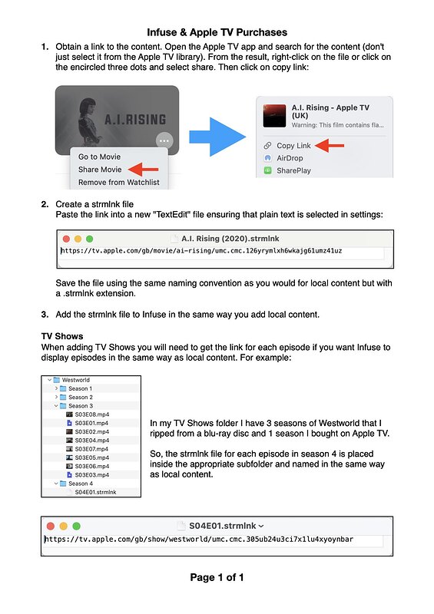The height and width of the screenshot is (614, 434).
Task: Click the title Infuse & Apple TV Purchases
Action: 217,32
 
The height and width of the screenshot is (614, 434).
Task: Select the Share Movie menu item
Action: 100,170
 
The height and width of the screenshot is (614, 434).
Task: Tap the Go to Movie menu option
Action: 99,157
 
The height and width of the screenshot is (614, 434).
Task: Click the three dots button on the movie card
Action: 166,140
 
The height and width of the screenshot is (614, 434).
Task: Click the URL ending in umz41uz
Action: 201,251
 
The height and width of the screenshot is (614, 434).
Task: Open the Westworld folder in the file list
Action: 76,380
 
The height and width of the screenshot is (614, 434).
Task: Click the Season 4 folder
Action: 79,484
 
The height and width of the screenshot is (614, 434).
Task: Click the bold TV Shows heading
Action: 62,336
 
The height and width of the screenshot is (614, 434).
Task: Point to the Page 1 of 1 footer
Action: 217,577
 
